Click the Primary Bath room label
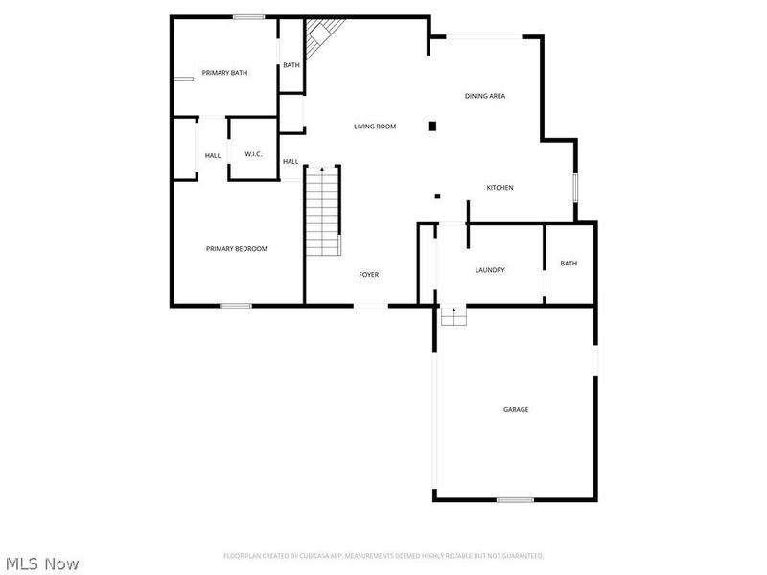(225, 73)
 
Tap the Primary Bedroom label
(237, 249)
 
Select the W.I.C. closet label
(254, 155)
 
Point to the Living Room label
(375, 126)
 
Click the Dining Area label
(485, 96)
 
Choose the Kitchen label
(500, 188)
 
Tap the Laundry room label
(490, 270)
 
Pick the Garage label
(516, 410)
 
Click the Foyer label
(369, 275)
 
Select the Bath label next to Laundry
(569, 264)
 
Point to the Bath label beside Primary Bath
(291, 65)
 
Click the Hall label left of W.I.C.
(213, 156)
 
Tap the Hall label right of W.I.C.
(291, 162)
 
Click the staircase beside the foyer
(323, 211)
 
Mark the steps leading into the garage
(453, 315)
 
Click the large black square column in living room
(432, 126)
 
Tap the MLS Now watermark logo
(43, 563)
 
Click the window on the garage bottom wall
(515, 499)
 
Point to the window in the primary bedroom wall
(236, 306)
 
